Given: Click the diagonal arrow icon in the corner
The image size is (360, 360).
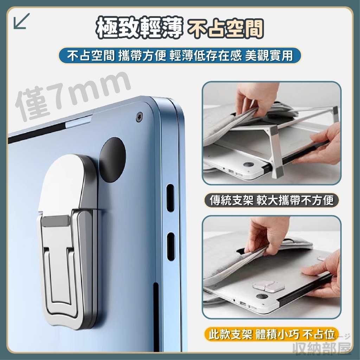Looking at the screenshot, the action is pos(21,21).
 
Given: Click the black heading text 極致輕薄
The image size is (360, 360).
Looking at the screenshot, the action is pos(139,27).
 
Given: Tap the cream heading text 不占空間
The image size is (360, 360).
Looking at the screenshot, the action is pos(225,28).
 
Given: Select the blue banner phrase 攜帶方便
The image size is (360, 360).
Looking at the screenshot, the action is pos(142,56).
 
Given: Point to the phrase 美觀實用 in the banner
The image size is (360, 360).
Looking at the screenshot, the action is pos(269,56).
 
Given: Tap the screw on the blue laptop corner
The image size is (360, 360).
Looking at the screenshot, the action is pos(139,117).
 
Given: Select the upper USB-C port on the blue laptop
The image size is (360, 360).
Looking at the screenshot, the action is pos(170,198).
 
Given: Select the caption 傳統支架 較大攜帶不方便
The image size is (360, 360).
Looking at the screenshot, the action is pos(272,200).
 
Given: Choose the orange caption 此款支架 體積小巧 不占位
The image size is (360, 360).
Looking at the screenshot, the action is pos(272,334).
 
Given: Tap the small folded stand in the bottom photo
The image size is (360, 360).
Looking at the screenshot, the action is pos(268,286).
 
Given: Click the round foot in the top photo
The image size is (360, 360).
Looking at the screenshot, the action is pos(249,165).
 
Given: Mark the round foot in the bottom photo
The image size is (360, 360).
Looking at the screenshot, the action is pos(262,296).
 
